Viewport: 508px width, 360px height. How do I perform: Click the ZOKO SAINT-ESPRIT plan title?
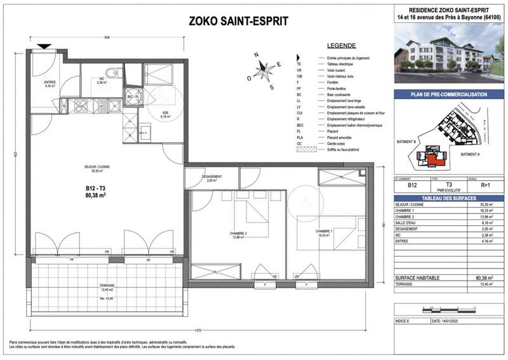[239, 21]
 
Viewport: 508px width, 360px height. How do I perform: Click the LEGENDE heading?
[341, 46]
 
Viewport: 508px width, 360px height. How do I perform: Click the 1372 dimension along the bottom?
[198, 331]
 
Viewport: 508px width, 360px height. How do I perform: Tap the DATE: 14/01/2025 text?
[452, 321]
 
